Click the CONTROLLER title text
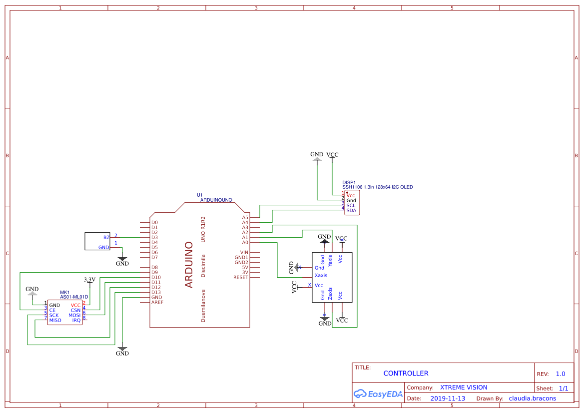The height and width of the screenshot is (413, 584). coord(406,374)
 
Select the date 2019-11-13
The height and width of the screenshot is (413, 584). coord(448,399)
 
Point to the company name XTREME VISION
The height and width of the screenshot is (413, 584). coord(464,388)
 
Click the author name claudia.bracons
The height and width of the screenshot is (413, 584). coord(532,399)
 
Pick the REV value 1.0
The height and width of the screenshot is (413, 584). coord(560,374)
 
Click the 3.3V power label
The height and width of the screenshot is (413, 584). coord(89,280)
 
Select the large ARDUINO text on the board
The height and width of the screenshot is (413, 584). coord(189,265)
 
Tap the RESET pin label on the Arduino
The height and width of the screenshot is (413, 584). coord(240,277)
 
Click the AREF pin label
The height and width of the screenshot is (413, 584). coord(157,302)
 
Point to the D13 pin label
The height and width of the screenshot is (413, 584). coord(156,292)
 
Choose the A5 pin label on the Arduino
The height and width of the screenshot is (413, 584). coord(245,217)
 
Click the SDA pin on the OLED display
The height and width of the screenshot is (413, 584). coord(351,210)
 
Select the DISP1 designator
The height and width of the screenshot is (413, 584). coord(349,182)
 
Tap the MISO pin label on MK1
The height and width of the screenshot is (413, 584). coord(55,320)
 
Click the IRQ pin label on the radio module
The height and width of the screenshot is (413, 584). coord(76,320)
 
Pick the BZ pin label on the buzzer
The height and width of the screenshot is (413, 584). coord(106,237)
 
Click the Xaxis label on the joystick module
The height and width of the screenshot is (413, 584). coord(321,275)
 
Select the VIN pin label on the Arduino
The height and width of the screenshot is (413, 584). coord(244,252)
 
